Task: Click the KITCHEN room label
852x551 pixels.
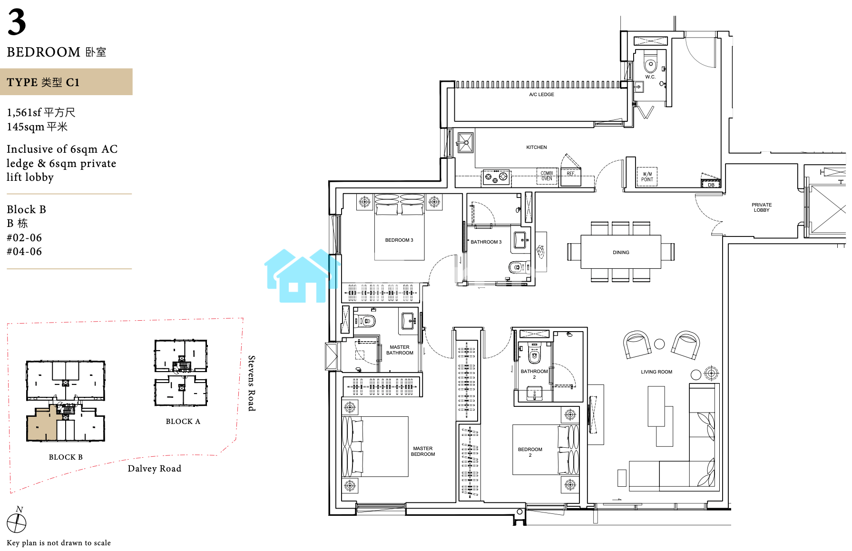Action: [536, 148]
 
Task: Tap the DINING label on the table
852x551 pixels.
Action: [621, 253]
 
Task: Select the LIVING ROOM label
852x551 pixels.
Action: [656, 372]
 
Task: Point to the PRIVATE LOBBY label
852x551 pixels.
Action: [762, 207]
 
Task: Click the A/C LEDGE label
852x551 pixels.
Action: [541, 95]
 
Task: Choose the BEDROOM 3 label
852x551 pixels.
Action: [399, 240]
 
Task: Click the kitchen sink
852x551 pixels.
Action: [465, 142]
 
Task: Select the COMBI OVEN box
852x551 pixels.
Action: [547, 176]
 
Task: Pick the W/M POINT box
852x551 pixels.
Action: [647, 177]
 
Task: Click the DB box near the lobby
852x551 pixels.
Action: [711, 183]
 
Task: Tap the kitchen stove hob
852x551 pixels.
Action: [496, 177]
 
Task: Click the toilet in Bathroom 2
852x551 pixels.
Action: [534, 353]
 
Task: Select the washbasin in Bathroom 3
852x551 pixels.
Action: [520, 239]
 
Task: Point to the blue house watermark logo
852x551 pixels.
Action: [302, 275]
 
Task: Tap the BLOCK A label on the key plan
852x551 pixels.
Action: [183, 422]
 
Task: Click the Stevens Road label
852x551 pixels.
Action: [252, 383]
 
